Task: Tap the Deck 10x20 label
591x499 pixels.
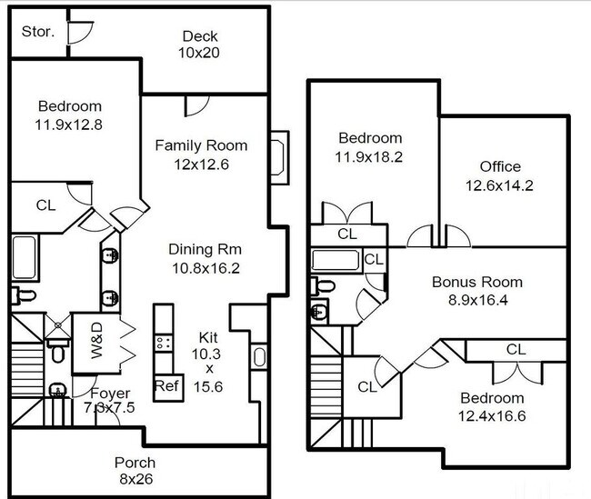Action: click(x=199, y=45)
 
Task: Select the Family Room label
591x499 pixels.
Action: click(x=200, y=145)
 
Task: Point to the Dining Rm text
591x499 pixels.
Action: click(x=205, y=249)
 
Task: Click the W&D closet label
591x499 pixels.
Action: click(x=97, y=342)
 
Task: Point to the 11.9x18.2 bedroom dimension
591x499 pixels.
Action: click(x=369, y=156)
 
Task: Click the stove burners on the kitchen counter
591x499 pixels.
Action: click(x=165, y=343)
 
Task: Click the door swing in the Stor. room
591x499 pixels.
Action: click(x=80, y=29)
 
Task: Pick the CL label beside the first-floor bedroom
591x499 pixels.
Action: click(x=45, y=205)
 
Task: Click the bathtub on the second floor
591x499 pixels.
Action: click(x=337, y=261)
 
